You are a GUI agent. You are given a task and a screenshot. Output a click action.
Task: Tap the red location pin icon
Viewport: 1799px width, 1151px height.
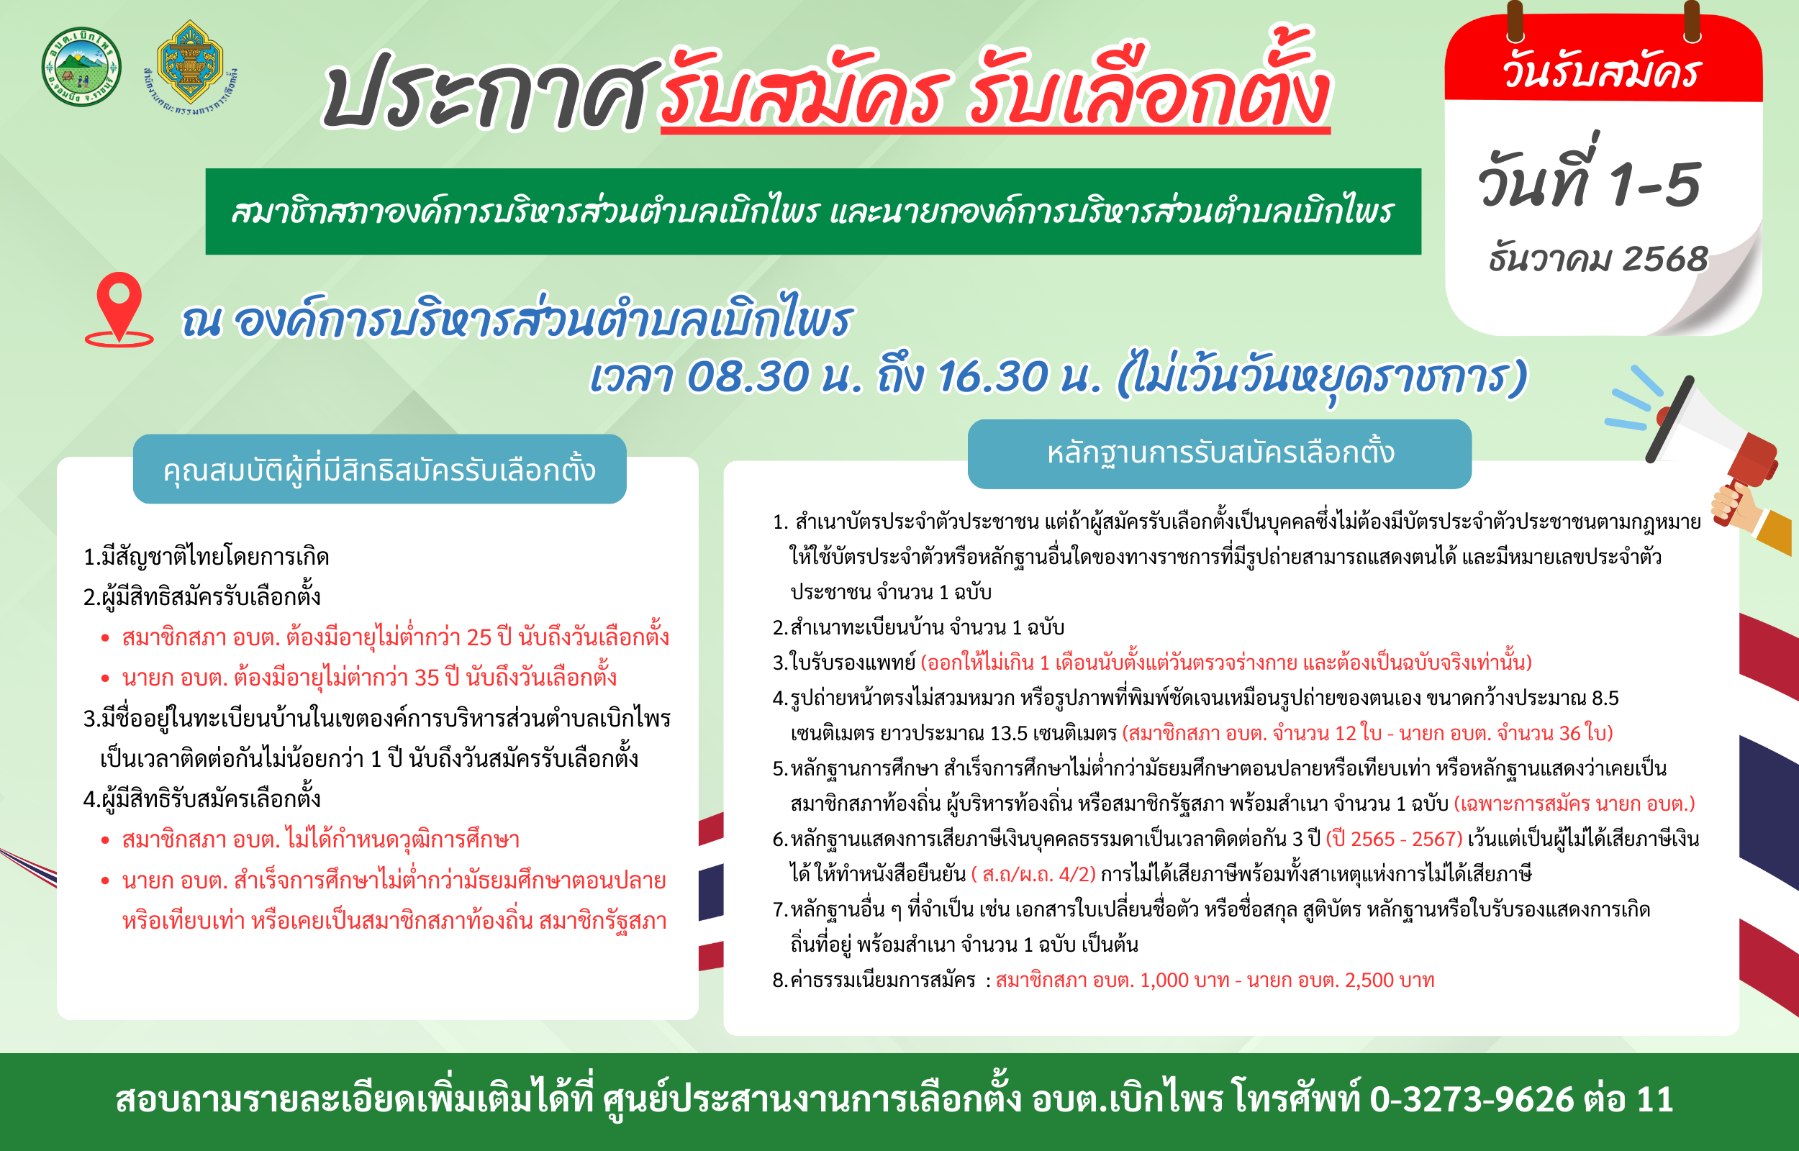(x=119, y=309)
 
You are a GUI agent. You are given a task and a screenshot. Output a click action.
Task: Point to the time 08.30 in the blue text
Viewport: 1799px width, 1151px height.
(x=748, y=376)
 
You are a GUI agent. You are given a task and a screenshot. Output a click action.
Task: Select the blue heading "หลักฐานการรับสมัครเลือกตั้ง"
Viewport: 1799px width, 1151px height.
(x=1220, y=453)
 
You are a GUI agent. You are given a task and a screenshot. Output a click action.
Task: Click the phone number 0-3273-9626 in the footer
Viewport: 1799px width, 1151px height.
(x=1472, y=1099)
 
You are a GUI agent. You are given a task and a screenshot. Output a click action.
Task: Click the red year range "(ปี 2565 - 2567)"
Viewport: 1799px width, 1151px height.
(x=1394, y=840)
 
